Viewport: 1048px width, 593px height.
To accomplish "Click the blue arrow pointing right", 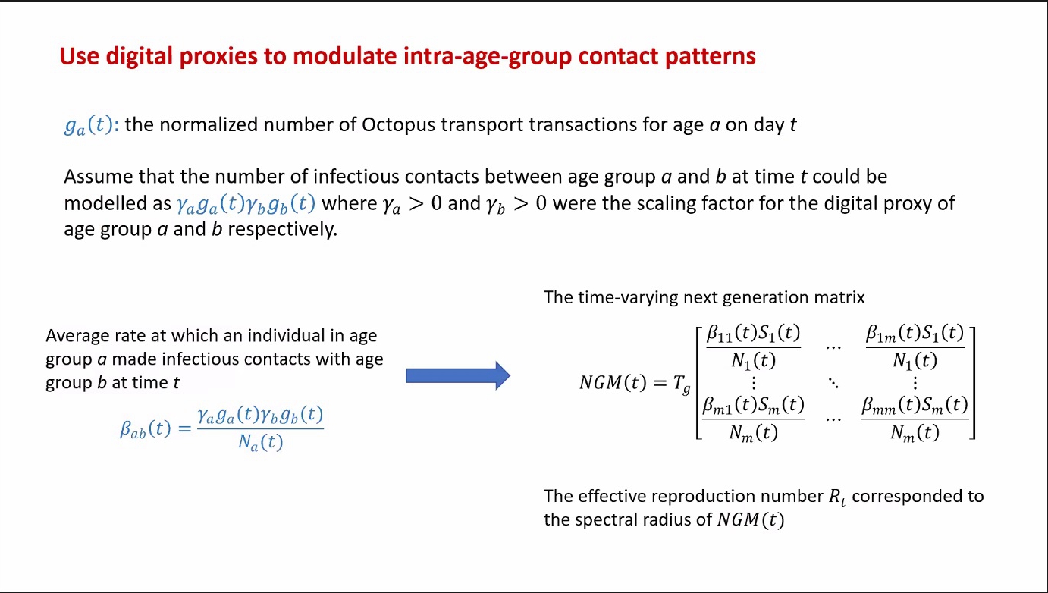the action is tap(457, 375).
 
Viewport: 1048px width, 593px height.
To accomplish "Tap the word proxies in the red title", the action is tap(218, 56).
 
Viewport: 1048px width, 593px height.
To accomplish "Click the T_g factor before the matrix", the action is tap(681, 384).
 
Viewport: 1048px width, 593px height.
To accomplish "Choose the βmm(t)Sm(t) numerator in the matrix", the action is tap(915, 406).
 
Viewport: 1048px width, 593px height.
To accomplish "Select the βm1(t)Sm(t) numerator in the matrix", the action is tap(753, 406).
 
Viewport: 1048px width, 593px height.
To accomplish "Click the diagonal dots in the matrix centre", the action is tap(833, 383).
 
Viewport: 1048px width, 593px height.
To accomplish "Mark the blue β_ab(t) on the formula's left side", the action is tap(145, 429).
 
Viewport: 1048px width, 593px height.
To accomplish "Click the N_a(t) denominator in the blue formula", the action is tap(260, 442).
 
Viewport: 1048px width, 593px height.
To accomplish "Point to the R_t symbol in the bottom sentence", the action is tap(837, 497).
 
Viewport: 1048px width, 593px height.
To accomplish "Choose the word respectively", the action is tap(283, 230).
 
